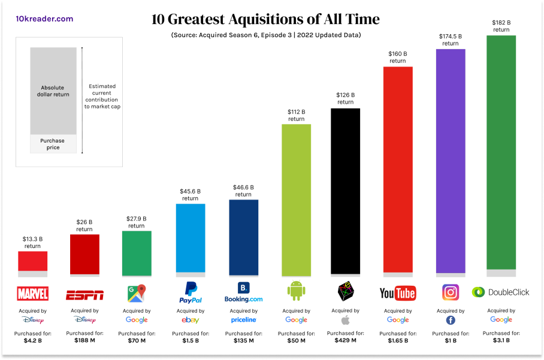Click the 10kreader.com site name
pos(44,19)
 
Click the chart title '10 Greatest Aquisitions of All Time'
pos(265,19)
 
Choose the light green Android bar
pos(296,198)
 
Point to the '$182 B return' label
pos(501,26)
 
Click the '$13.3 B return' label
pos(32,242)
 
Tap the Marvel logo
pos(32,294)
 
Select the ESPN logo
pos(84,295)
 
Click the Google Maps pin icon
pos(136,294)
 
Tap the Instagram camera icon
pos(451,292)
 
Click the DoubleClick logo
pos(501,292)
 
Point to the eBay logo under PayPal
pos(190,320)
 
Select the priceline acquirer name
pos(243,320)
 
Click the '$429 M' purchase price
pos(345,340)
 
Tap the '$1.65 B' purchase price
pos(398,341)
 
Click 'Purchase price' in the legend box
pos(53,144)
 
